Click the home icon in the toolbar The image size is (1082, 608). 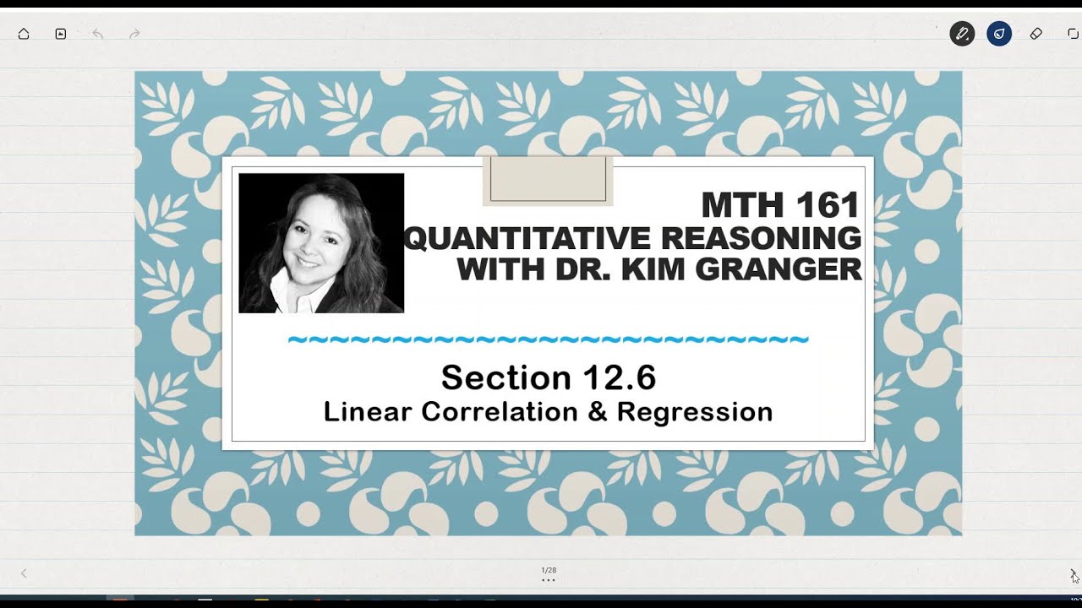(24, 34)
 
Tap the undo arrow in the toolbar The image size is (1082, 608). (97, 34)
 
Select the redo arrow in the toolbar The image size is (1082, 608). (134, 34)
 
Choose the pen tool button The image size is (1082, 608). (962, 34)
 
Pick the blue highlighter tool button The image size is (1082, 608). (999, 34)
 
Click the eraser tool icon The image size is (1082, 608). (1036, 34)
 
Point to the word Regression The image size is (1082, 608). (695, 412)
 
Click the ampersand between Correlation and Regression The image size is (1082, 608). (597, 412)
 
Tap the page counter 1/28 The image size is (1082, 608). (549, 571)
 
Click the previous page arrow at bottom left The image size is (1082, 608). (24, 573)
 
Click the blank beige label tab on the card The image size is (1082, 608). (548, 180)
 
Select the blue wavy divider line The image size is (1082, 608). (548, 340)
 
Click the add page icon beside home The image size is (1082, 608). (61, 34)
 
